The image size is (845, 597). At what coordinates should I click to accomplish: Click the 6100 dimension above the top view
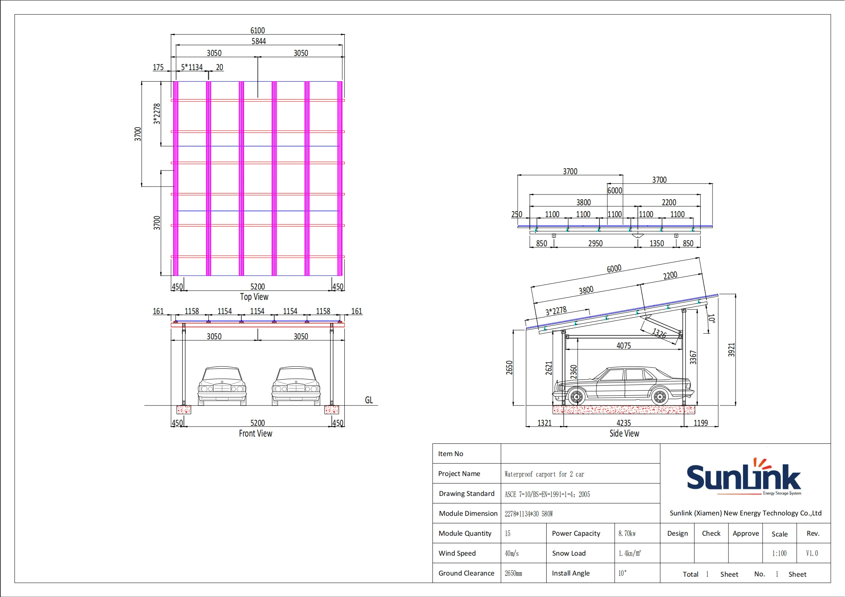click(x=257, y=30)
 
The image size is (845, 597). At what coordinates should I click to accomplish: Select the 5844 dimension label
click(x=259, y=41)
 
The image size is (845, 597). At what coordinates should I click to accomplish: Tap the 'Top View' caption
click(x=254, y=297)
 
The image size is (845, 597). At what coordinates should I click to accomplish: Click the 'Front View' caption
click(x=255, y=433)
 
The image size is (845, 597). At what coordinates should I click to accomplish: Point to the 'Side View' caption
click(x=624, y=433)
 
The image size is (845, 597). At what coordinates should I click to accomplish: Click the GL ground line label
click(x=368, y=400)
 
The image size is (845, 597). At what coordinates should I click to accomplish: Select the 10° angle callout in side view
click(x=711, y=319)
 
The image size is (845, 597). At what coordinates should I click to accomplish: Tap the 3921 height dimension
click(x=731, y=350)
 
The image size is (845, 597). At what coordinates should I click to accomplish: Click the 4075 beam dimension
click(x=624, y=346)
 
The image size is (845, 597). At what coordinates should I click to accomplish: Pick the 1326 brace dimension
click(x=659, y=333)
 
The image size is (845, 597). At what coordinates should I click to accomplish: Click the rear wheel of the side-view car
click(x=660, y=397)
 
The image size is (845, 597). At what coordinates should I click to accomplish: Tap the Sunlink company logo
click(x=743, y=477)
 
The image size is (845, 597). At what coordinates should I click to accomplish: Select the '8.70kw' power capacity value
click(x=627, y=533)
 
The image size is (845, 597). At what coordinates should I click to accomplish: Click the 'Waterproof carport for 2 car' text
click(x=544, y=474)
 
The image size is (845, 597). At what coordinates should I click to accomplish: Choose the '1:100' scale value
click(x=779, y=553)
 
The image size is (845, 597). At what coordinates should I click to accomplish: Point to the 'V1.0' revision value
click(x=812, y=553)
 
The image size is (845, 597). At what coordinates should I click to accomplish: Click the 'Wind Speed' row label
click(x=457, y=553)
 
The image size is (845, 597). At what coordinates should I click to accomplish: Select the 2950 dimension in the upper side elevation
click(x=595, y=244)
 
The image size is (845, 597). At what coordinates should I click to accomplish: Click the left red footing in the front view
click(x=183, y=410)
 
